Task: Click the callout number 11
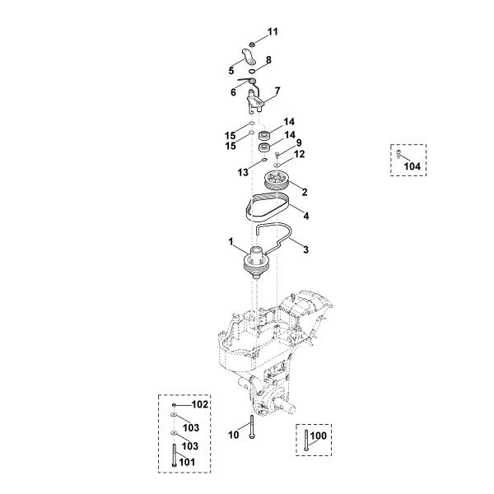pyautogui.click(x=273, y=32)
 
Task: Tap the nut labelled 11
pyautogui.click(x=252, y=44)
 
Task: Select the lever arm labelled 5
pyautogui.click(x=249, y=57)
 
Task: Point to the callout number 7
pyautogui.click(x=277, y=91)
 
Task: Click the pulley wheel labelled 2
pyautogui.click(x=276, y=181)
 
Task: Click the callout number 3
pyautogui.click(x=305, y=249)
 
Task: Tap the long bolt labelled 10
pyautogui.click(x=252, y=426)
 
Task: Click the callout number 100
pyautogui.click(x=319, y=436)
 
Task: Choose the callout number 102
pyautogui.click(x=200, y=404)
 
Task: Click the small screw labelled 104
pyautogui.click(x=398, y=154)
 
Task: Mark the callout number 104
pyautogui.click(x=412, y=166)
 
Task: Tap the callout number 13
pyautogui.click(x=243, y=172)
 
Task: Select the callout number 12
pyautogui.click(x=300, y=154)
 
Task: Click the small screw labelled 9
pyautogui.click(x=277, y=155)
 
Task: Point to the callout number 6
pyautogui.click(x=233, y=92)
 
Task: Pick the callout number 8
pyautogui.click(x=268, y=60)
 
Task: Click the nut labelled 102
pyautogui.click(x=174, y=405)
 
